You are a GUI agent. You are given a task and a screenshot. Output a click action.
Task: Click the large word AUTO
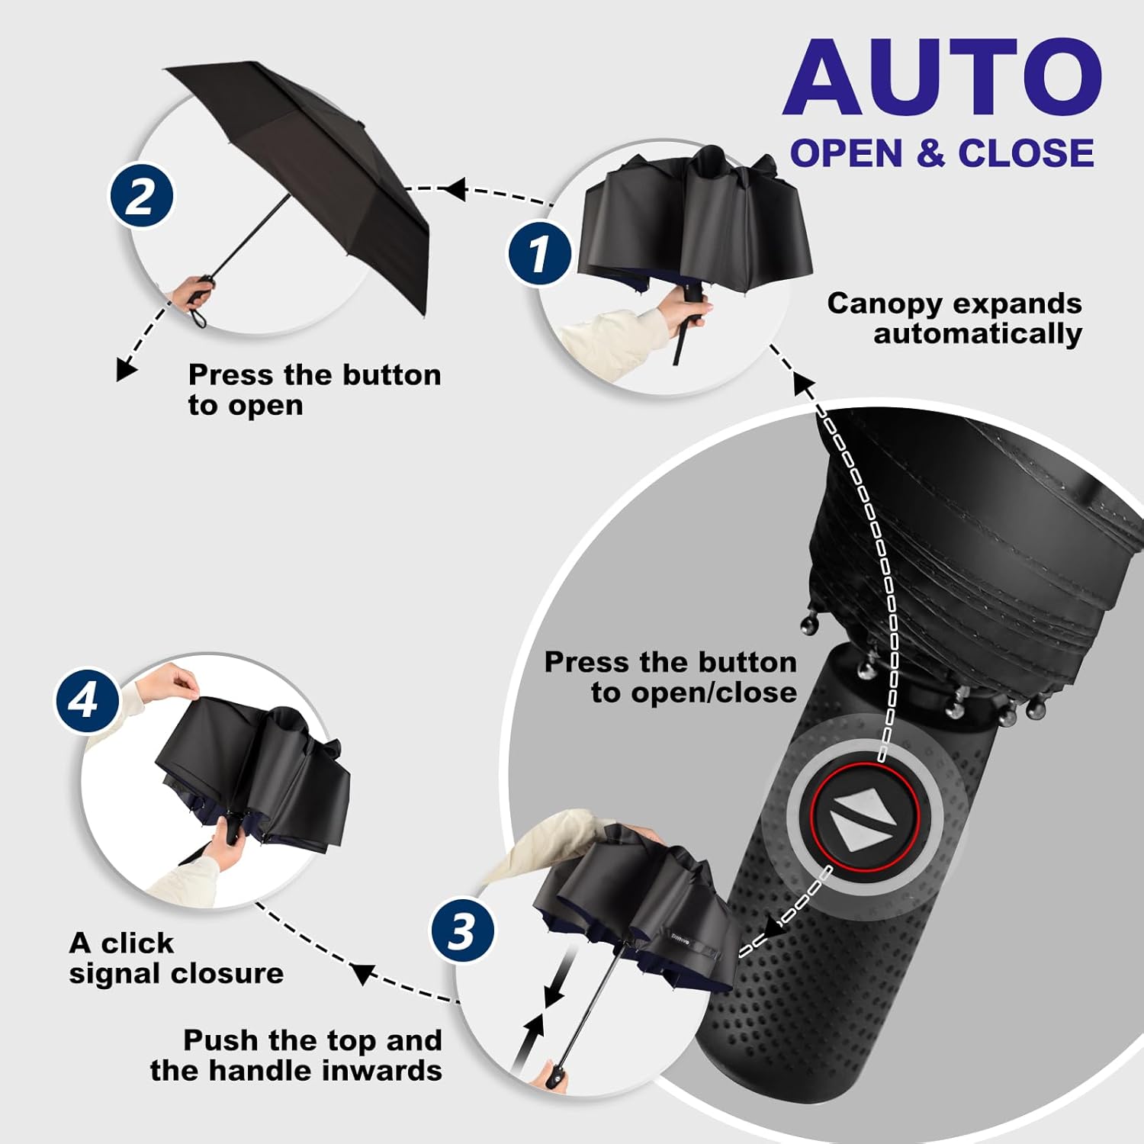942,78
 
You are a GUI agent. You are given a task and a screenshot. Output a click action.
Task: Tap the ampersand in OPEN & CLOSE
930,153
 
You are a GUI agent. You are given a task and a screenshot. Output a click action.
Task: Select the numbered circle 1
539,253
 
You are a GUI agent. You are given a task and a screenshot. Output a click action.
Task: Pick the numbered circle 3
462,930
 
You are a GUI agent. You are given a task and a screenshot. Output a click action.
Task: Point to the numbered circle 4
86,699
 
